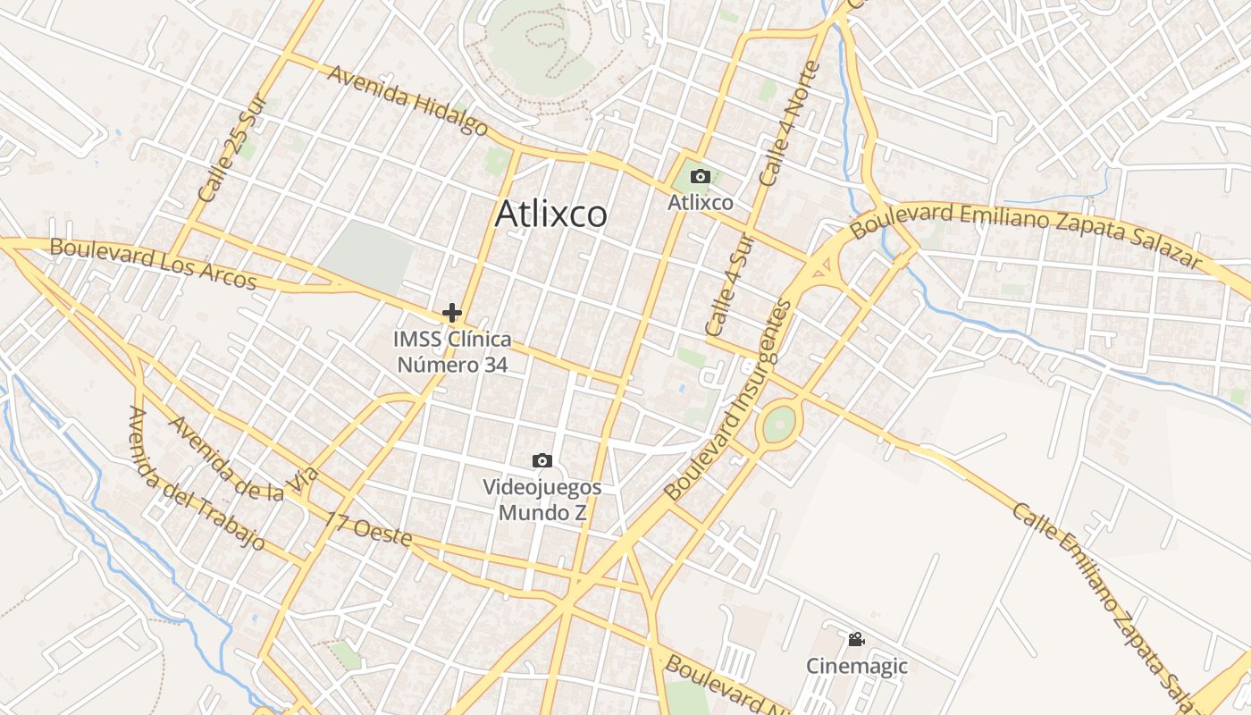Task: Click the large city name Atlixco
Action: (x=550, y=214)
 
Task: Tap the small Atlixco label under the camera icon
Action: (x=701, y=203)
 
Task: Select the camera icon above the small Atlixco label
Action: (x=701, y=177)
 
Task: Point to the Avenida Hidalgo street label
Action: (x=407, y=100)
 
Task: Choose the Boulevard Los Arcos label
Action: (x=153, y=264)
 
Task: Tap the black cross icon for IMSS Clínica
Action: (x=452, y=313)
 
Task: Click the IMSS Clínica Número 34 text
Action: (x=453, y=352)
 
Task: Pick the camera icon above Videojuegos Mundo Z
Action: (x=542, y=461)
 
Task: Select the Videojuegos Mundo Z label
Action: (x=542, y=500)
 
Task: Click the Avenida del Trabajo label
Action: (x=196, y=478)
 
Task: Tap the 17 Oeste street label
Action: (x=368, y=530)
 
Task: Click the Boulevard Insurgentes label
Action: (x=728, y=400)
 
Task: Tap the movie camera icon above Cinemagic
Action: (x=856, y=640)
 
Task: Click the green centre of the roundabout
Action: (x=779, y=424)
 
